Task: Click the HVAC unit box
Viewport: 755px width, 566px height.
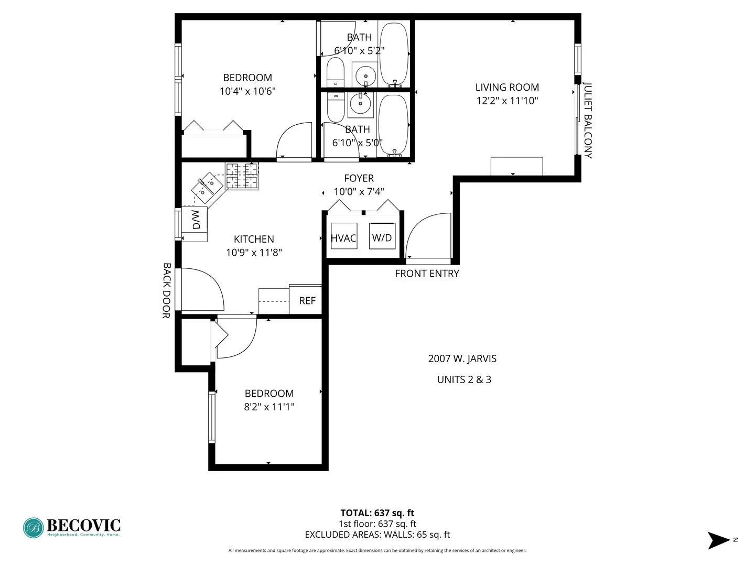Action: click(344, 236)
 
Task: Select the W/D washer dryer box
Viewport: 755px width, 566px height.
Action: click(382, 236)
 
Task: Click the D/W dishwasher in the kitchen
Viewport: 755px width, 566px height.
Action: click(195, 220)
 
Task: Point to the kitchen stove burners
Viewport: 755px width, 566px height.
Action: click(242, 176)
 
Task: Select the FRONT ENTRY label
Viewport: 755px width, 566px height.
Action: click(427, 274)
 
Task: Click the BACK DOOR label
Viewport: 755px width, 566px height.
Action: click(167, 290)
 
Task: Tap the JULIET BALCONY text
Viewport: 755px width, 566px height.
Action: click(588, 121)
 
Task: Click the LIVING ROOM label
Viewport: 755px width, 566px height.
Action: click(507, 88)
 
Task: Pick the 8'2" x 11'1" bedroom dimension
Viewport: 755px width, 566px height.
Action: click(269, 407)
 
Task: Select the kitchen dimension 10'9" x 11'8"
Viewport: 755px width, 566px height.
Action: click(254, 253)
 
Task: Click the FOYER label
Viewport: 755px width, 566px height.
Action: click(359, 178)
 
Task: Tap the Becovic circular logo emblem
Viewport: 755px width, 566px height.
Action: click(34, 528)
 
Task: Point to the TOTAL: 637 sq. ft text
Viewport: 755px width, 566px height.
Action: click(377, 513)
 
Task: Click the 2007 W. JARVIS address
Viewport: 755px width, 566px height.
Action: click(462, 359)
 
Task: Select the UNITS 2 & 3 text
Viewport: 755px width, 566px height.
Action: click(464, 380)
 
